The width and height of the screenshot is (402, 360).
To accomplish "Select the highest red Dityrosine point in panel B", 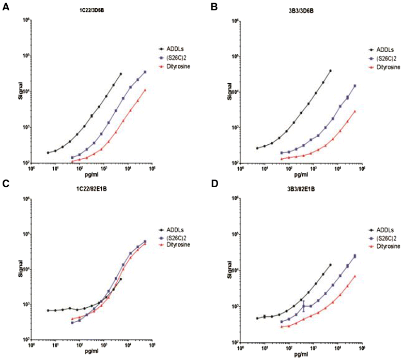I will pyautogui.click(x=355, y=111).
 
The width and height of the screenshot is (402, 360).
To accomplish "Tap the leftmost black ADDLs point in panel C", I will pyautogui.click(x=48, y=310).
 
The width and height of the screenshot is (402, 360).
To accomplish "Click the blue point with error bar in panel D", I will pyautogui.click(x=304, y=306).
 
